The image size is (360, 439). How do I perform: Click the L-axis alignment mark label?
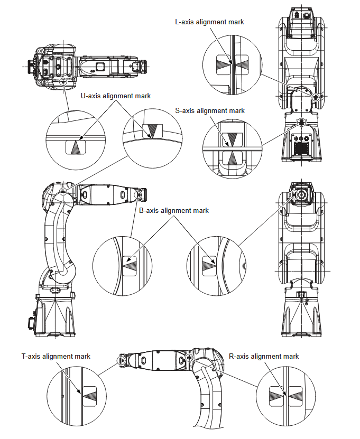point(209,22)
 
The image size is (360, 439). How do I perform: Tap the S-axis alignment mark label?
point(210,110)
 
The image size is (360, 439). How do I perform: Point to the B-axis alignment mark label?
point(173,210)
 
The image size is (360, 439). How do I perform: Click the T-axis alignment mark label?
point(56,356)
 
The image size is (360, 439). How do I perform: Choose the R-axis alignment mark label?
point(264,356)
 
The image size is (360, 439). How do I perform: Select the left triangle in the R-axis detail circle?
point(276,394)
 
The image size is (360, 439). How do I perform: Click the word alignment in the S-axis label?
point(213,110)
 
